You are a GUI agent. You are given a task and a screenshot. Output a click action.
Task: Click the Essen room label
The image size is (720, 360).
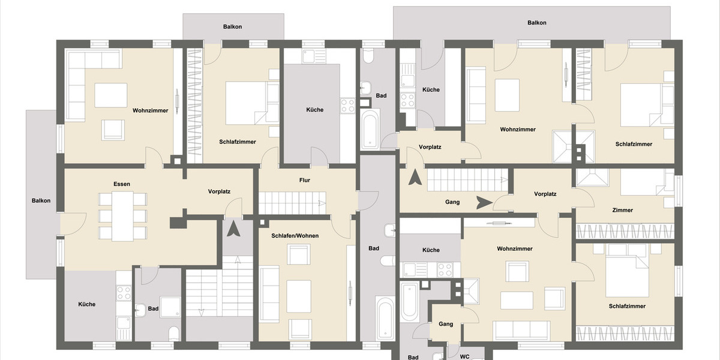coord(122,184)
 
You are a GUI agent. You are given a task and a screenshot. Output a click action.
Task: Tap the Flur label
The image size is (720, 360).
coord(305,180)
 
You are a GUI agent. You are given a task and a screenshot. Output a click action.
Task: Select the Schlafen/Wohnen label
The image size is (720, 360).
coord(295,236)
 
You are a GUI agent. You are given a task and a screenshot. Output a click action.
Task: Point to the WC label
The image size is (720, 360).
coord(464,356)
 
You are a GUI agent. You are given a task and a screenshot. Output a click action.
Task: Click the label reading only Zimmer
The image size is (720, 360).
coord(622,210)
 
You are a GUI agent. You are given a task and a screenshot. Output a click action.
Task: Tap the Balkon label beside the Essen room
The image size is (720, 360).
coord(41,200)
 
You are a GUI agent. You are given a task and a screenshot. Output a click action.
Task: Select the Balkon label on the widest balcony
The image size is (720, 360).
coord(536,23)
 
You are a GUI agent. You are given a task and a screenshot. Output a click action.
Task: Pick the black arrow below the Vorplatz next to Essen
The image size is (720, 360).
coord(233,229)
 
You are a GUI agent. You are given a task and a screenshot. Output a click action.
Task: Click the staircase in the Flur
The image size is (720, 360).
coord(292,203)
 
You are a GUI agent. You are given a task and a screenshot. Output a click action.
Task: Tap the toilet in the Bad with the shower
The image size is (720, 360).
coord(173,333)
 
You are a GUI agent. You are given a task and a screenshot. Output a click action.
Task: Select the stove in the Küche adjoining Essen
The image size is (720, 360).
coord(124,293)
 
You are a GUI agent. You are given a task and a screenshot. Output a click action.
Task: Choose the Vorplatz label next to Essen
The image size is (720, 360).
coord(219,192)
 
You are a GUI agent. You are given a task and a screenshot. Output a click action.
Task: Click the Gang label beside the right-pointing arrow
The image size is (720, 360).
coord(452,202)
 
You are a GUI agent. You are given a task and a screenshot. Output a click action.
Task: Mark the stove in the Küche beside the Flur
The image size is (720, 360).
coord(347,106)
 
